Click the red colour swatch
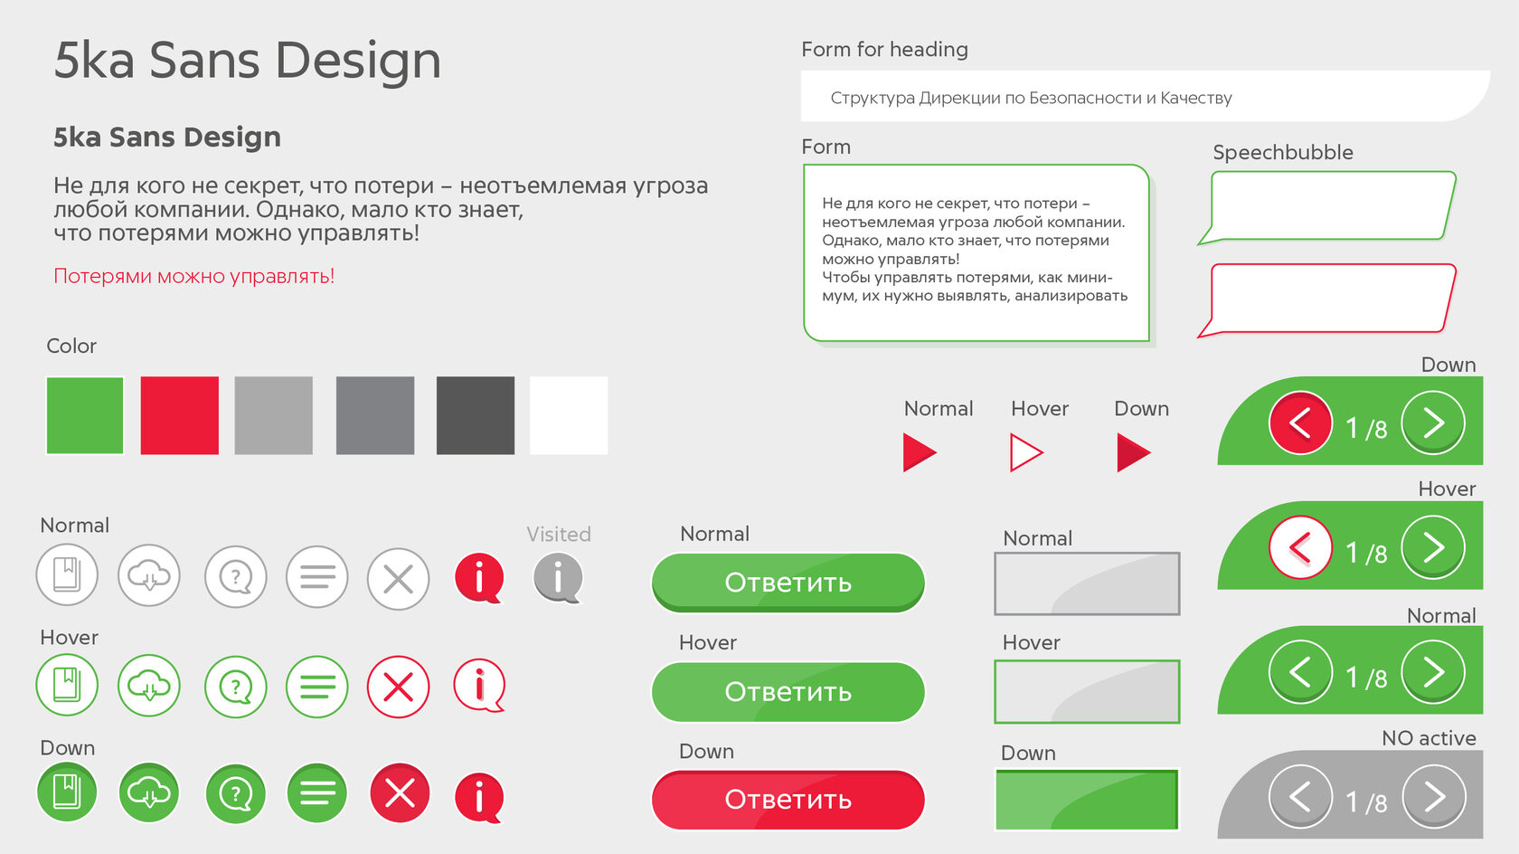point(180,415)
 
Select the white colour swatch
point(568,415)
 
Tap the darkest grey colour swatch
point(476,415)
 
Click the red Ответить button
point(788,800)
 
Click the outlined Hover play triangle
point(1024,452)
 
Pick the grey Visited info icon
point(558,578)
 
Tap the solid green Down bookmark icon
point(67,792)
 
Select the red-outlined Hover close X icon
point(398,687)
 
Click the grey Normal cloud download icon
point(148,576)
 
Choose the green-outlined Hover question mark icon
point(235,687)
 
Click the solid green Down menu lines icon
point(316,792)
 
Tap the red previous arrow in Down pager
point(1300,423)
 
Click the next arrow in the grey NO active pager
point(1434,797)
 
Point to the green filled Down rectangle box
point(1087,799)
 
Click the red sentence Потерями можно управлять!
point(193,276)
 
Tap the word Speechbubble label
point(1283,153)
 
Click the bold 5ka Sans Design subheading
point(166,137)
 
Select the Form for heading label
point(884,50)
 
